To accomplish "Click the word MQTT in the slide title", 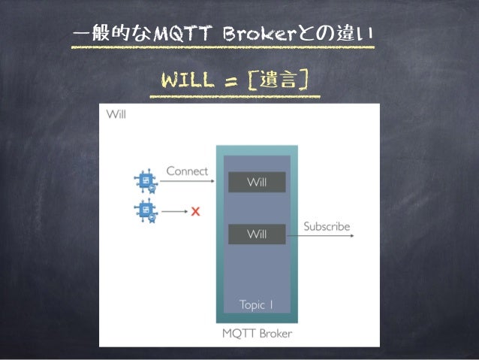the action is pyautogui.click(x=174, y=35).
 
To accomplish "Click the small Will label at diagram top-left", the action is pyautogui.click(x=116, y=115).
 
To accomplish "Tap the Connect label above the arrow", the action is pyautogui.click(x=187, y=171).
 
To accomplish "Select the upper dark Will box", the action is pyautogui.click(x=257, y=182).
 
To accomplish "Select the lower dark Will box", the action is pyautogui.click(x=257, y=234).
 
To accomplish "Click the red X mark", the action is pyautogui.click(x=196, y=210).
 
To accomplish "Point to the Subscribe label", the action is pyautogui.click(x=327, y=225).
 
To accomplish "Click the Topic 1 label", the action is pyautogui.click(x=257, y=304).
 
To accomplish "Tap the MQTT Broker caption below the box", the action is pyautogui.click(x=257, y=333).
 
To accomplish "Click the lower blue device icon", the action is pyautogui.click(x=144, y=210).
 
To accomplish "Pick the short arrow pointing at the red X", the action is pyautogui.click(x=175, y=211).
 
